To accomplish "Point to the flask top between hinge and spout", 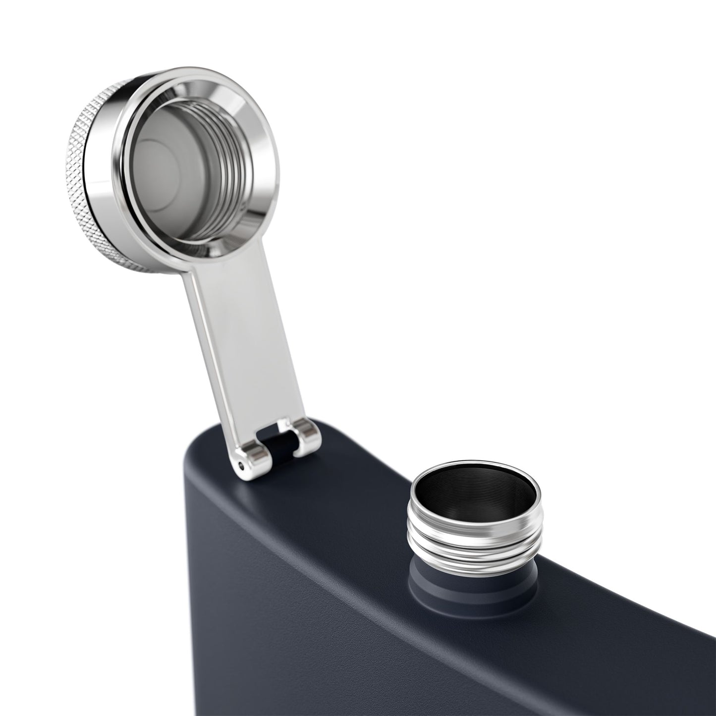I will [362, 476].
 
